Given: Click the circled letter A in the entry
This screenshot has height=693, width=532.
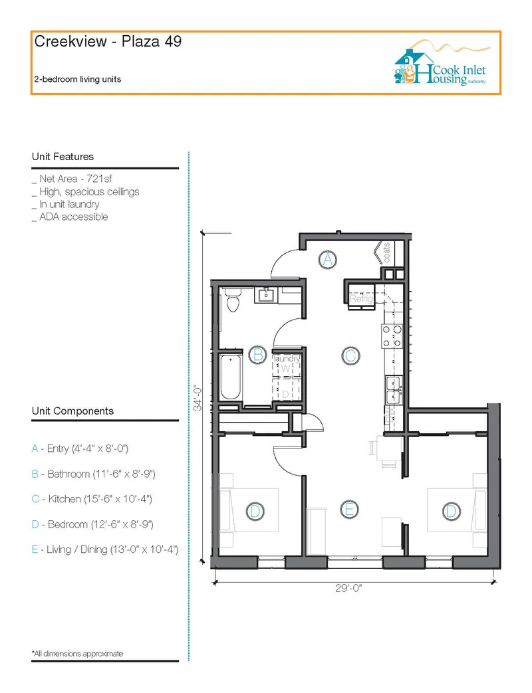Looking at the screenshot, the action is point(328,259).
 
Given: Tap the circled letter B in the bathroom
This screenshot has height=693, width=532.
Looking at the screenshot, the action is point(257,355).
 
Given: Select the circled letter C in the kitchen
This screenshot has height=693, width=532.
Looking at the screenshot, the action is point(350,355).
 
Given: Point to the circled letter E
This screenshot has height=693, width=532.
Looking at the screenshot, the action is point(349,510).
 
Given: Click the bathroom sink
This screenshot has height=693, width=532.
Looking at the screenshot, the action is point(266,295).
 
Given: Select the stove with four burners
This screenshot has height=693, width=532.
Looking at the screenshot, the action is point(392,336).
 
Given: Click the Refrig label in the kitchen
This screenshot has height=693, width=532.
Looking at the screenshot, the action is point(361,299).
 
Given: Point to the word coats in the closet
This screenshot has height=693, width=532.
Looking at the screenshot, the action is point(386,252).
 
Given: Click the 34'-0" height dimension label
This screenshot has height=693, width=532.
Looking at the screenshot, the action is point(198,398).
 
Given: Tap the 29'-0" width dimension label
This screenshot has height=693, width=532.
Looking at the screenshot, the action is point(348,588).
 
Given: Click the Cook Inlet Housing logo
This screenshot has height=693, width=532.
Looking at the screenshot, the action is point(441,63).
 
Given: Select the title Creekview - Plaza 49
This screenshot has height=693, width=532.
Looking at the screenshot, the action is point(108,42).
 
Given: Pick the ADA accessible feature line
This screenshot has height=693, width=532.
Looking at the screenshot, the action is point(70,217).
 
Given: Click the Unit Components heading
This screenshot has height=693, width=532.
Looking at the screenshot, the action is point(72,411).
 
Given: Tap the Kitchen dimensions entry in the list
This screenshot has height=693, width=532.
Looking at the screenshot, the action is point(92,499).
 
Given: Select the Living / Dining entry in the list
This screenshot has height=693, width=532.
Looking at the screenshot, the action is point(105,549).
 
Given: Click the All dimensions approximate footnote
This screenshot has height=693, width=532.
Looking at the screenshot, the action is point(77,654).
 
